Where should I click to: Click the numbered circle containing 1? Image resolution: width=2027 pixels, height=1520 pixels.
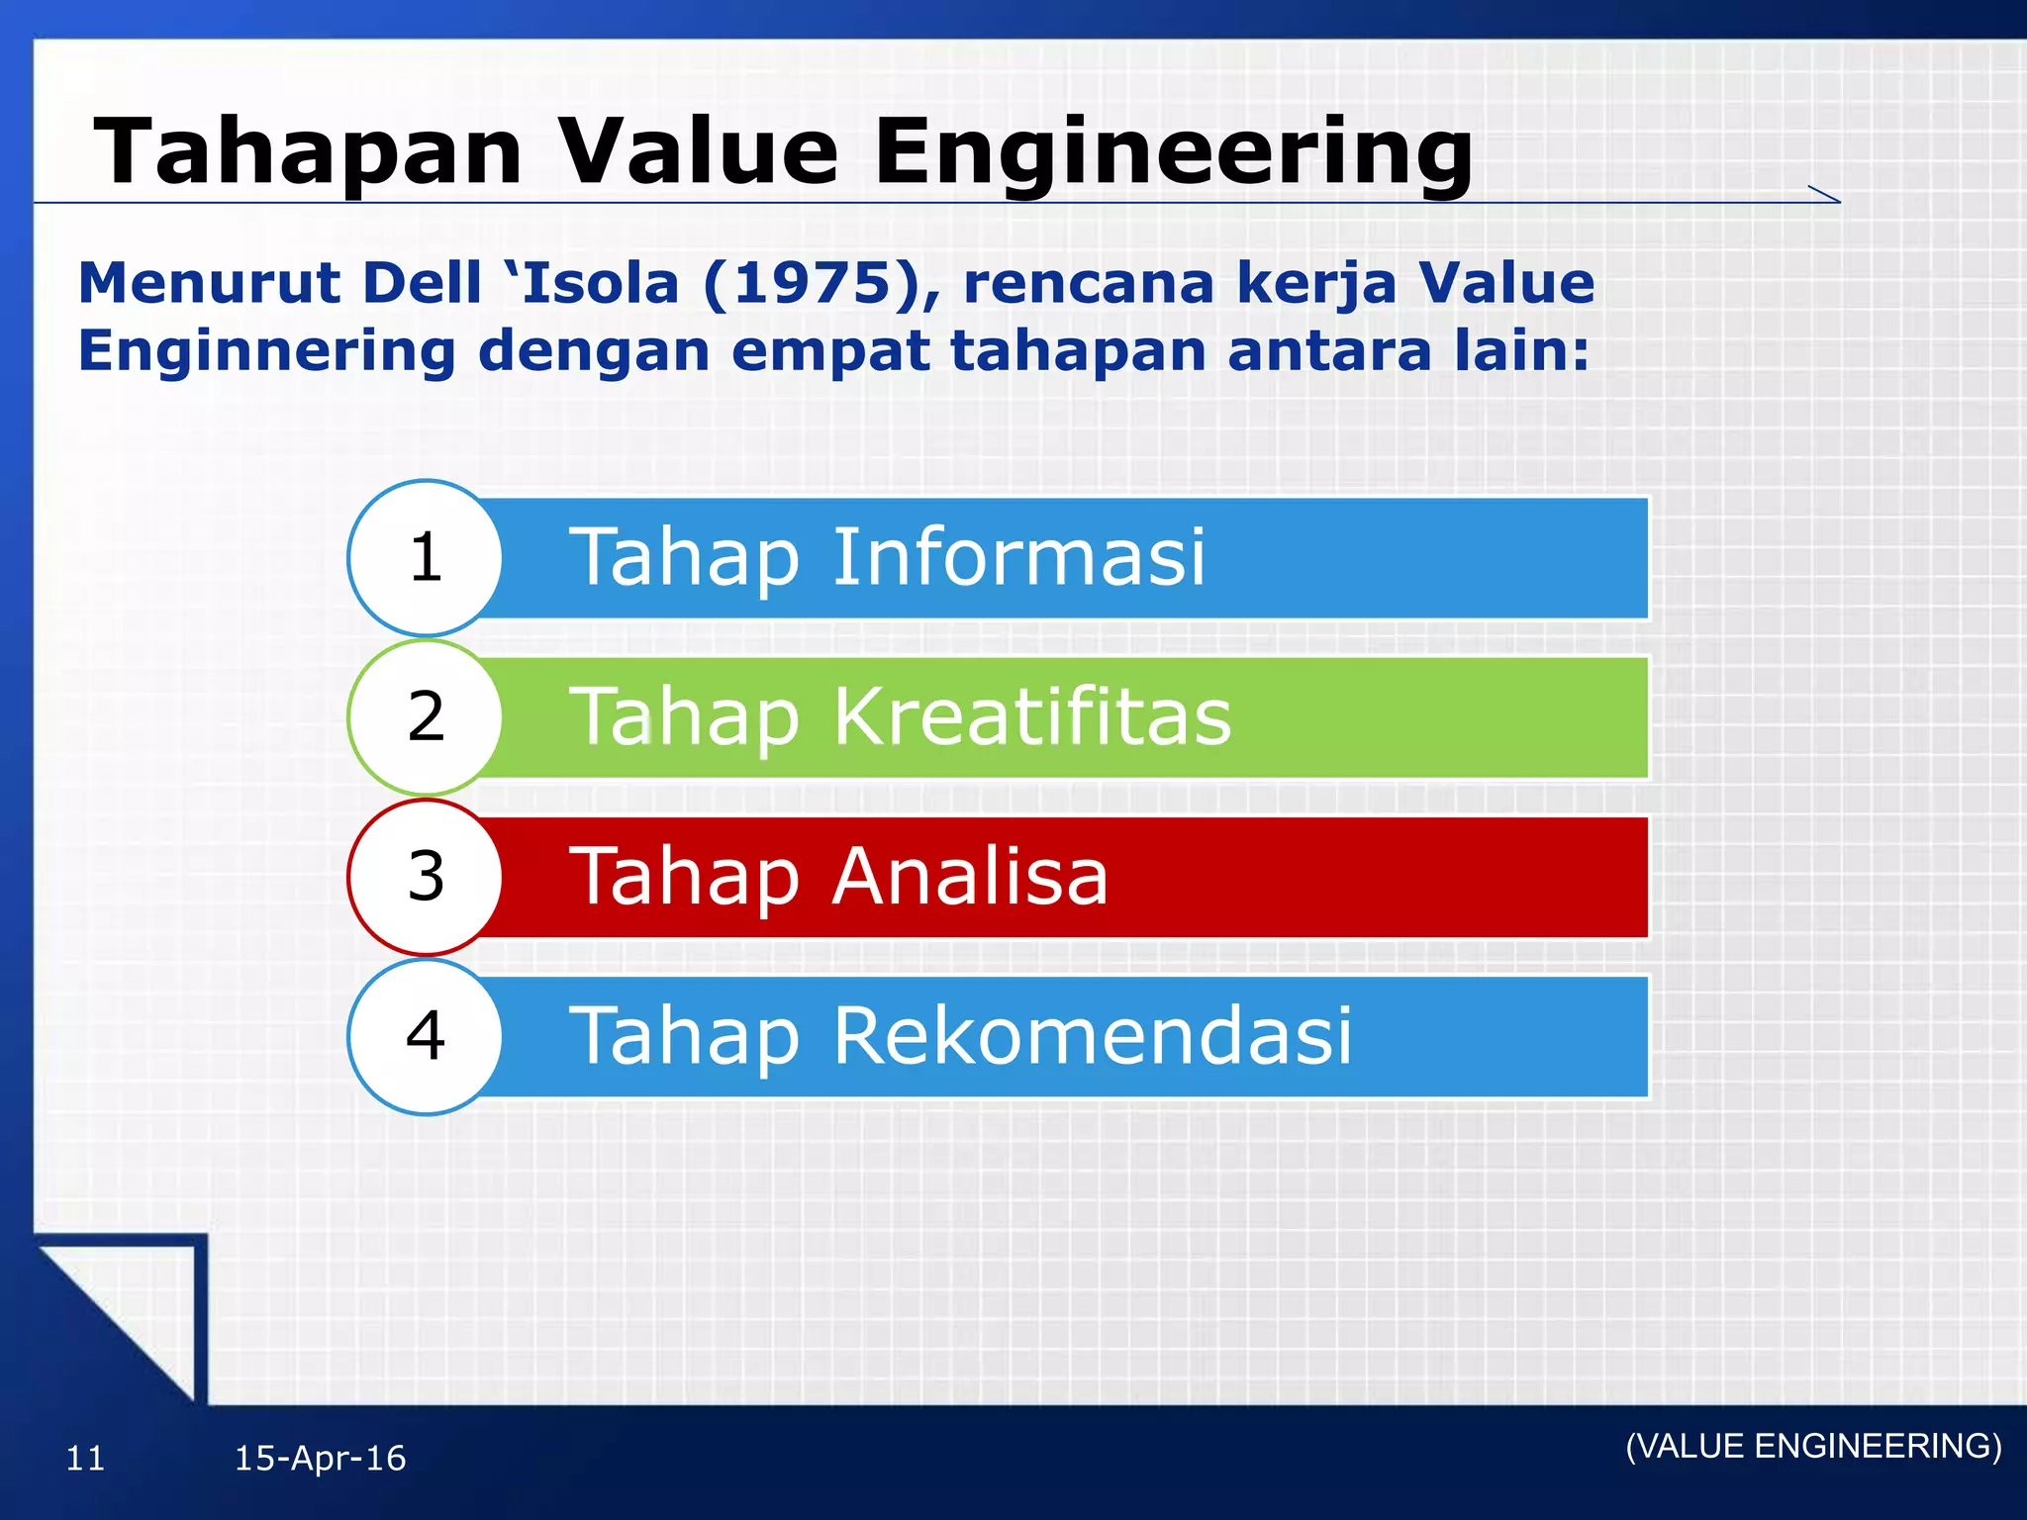pyautogui.click(x=426, y=558)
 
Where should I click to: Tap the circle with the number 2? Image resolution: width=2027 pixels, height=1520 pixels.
pyautogui.click(x=426, y=717)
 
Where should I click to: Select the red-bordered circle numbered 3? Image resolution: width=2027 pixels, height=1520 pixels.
pyautogui.click(x=426, y=877)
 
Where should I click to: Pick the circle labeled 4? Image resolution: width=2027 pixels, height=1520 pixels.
pyautogui.click(x=426, y=1036)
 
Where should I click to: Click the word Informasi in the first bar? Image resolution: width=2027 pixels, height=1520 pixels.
pyautogui.click(x=1018, y=557)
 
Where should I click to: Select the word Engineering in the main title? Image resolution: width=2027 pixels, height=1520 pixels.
pyautogui.click(x=1173, y=153)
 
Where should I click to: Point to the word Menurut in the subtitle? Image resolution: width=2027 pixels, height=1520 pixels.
pyautogui.click(x=209, y=284)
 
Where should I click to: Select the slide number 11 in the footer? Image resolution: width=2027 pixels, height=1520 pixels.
pyautogui.click(x=85, y=1459)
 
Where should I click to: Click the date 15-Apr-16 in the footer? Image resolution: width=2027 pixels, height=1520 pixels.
pyautogui.click(x=320, y=1459)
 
